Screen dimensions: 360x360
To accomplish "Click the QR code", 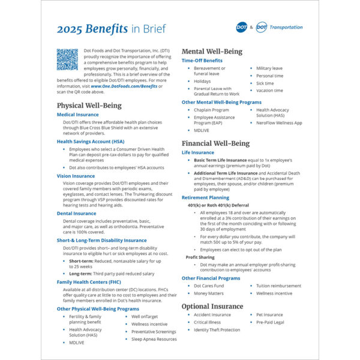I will [x=68, y=59].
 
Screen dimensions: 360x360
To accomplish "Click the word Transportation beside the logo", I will [x=286, y=28].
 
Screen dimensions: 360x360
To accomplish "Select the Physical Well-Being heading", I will [x=89, y=105].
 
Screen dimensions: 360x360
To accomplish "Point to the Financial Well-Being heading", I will [x=217, y=143].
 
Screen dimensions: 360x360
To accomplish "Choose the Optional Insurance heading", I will [x=212, y=306].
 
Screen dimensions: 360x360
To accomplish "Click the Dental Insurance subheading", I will [x=76, y=213].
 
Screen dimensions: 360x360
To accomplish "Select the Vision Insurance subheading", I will [x=76, y=176].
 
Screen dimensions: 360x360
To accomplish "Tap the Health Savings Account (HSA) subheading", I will [x=90, y=141].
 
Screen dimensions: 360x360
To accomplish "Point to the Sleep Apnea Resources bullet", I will [x=154, y=339].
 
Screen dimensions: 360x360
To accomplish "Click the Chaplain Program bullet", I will [x=211, y=110].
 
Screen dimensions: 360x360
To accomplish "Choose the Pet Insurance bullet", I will [x=269, y=314].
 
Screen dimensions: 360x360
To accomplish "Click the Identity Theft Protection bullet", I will [x=217, y=330].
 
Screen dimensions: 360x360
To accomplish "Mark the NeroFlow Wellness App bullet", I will [x=279, y=122].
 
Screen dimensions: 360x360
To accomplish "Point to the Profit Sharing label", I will [x=200, y=257].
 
